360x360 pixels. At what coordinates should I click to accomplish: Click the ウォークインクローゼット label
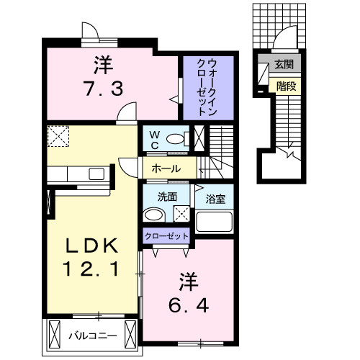(207, 88)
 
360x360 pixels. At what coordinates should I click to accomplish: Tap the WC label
(155, 139)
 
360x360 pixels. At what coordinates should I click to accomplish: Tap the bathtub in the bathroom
(214, 220)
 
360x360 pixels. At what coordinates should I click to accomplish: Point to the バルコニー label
(89, 336)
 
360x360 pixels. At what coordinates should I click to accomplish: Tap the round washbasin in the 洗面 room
(152, 214)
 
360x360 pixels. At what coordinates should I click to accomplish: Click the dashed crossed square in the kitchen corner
(58, 135)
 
